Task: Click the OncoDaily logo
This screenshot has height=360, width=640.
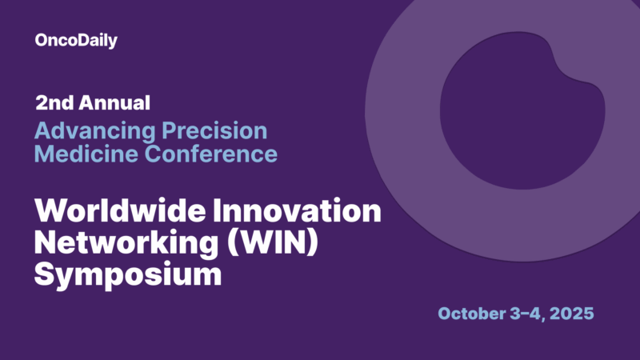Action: click(76, 41)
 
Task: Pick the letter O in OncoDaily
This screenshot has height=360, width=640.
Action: click(42, 41)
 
